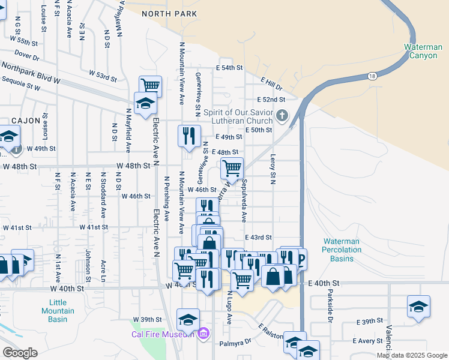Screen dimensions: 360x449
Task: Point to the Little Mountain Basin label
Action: [58, 311]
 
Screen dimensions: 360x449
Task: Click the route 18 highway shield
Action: [372, 76]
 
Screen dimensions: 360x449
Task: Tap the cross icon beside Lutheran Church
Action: [282, 115]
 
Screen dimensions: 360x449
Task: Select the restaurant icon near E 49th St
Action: [189, 135]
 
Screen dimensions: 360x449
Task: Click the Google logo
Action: [20, 353]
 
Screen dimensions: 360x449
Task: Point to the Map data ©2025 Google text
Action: [412, 355]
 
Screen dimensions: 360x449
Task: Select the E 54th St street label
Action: [228, 68]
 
